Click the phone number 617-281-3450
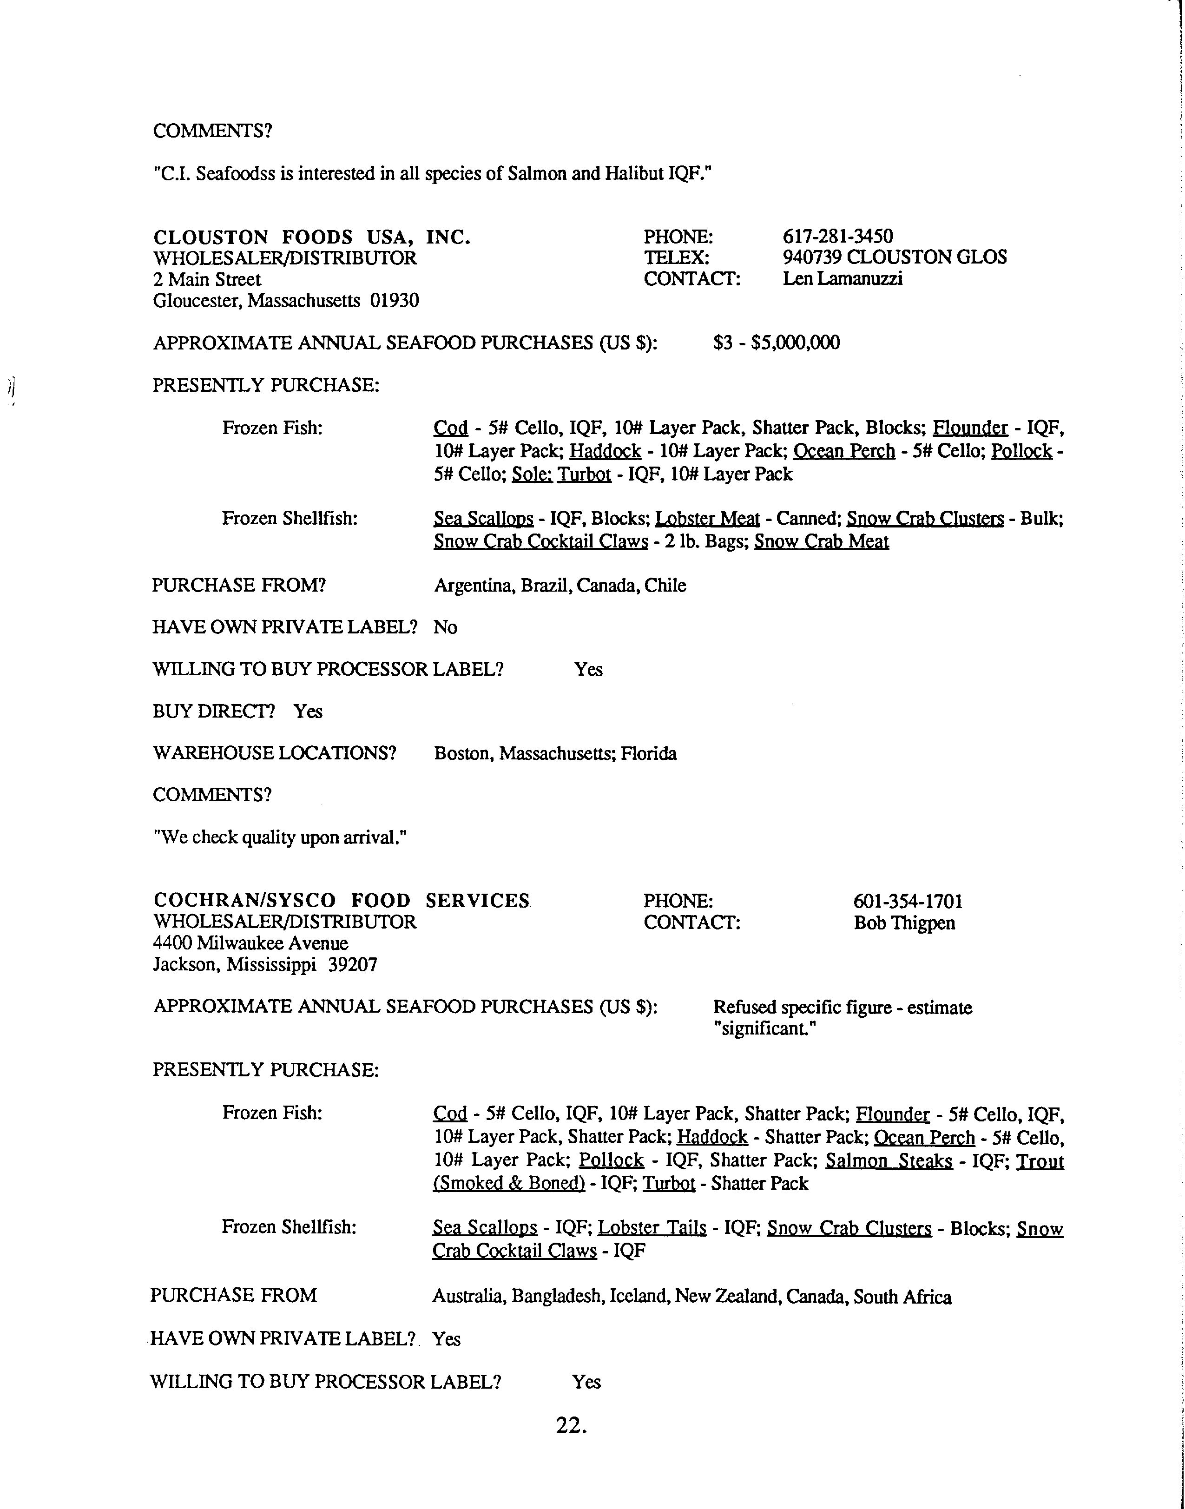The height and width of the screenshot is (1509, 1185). tap(837, 237)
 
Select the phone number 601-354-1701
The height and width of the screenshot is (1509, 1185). tap(908, 901)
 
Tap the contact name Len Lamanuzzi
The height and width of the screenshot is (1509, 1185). tap(842, 279)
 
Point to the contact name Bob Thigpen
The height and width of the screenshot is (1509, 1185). tap(904, 923)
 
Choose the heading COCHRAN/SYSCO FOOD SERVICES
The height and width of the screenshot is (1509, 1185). tap(342, 901)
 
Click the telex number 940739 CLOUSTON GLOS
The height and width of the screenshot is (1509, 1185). tap(894, 257)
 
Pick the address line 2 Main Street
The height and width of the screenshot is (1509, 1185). tap(207, 280)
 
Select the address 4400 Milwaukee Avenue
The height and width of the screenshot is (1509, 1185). tap(250, 943)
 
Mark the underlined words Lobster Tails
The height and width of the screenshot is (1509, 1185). tap(652, 1228)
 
